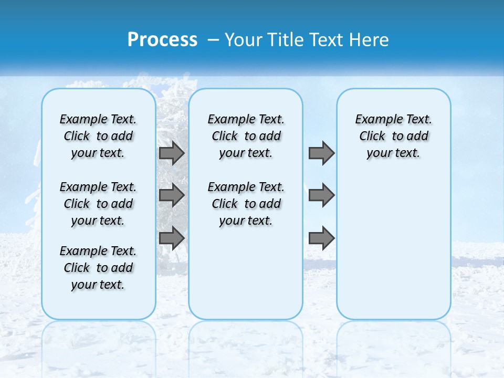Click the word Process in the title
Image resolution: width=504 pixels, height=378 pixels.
click(162, 39)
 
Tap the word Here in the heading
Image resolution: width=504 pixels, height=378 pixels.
click(368, 39)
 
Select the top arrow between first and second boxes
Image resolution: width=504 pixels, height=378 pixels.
click(172, 153)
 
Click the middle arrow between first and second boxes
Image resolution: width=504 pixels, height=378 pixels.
click(172, 195)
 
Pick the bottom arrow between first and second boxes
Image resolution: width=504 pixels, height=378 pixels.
click(172, 238)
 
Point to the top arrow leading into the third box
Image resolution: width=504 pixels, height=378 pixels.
click(321, 153)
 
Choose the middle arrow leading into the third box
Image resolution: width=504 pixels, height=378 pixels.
click(321, 195)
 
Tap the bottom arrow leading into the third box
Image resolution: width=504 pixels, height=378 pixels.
click(321, 238)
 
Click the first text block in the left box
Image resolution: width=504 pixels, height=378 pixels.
click(98, 136)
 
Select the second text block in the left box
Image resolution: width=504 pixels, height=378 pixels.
click(98, 204)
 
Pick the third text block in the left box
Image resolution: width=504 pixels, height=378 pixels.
click(98, 268)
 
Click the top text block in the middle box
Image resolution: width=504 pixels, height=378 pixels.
click(246, 136)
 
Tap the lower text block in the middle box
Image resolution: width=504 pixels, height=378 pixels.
click(246, 204)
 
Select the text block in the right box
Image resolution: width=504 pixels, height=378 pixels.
click(393, 136)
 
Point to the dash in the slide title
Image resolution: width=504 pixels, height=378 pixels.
click(213, 40)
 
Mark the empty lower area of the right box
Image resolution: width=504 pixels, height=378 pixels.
click(393, 247)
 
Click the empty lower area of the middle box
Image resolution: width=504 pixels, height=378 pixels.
click(246, 273)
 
